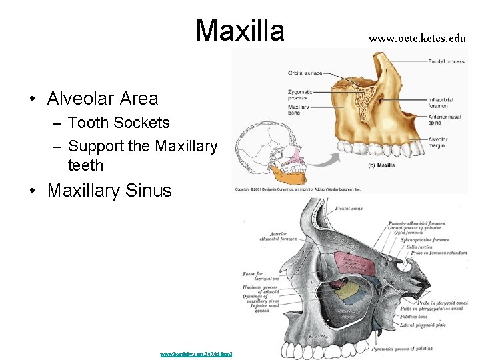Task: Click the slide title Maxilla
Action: pyautogui.click(x=240, y=30)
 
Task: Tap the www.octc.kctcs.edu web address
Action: pyautogui.click(x=417, y=38)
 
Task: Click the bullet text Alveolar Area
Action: pyautogui.click(x=103, y=99)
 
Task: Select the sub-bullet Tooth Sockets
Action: pyautogui.click(x=119, y=123)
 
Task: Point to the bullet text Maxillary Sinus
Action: pyautogui.click(x=109, y=191)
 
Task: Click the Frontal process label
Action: pyautogui.click(x=446, y=61)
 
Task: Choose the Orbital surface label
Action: pyautogui.click(x=306, y=73)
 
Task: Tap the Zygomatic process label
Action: pyautogui.click(x=300, y=93)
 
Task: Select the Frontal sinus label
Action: pyautogui.click(x=350, y=209)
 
